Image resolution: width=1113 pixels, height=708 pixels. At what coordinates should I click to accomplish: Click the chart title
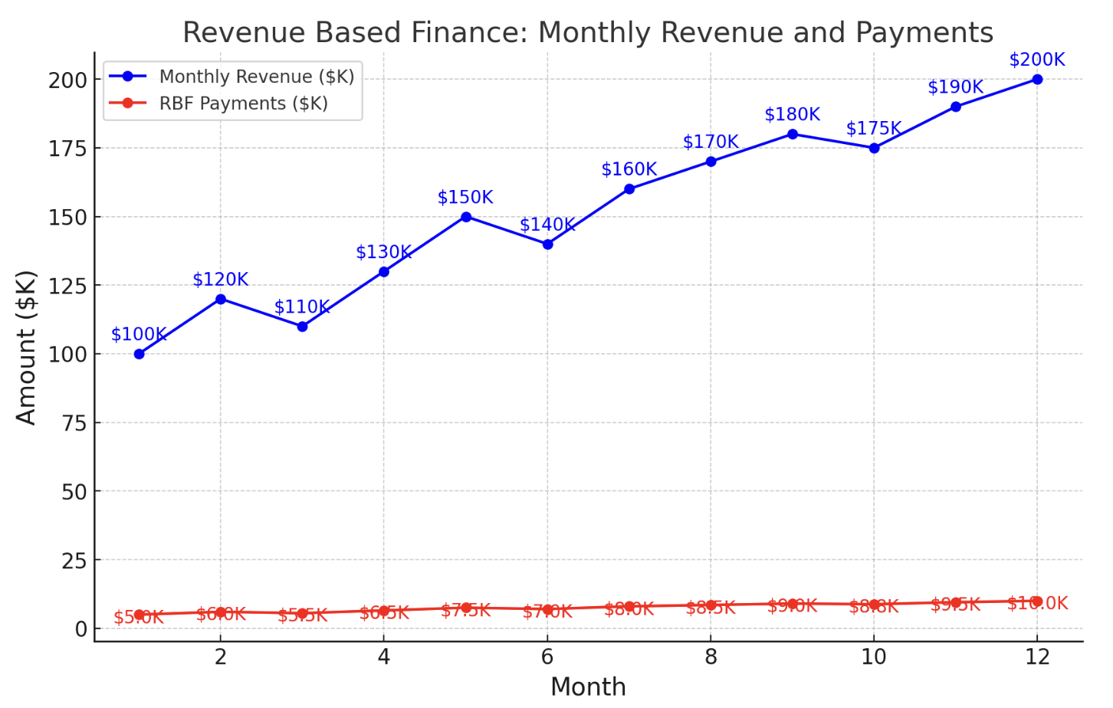[x=587, y=33]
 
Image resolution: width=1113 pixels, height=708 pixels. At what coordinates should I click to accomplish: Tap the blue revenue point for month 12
[x=1036, y=80]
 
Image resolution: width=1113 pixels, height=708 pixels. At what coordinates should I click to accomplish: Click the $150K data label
[x=465, y=197]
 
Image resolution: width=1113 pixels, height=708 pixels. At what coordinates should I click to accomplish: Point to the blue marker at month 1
[x=139, y=354]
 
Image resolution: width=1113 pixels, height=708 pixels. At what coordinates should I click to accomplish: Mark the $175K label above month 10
[x=873, y=128]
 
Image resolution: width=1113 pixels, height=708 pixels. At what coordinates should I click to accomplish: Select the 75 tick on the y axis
[x=74, y=423]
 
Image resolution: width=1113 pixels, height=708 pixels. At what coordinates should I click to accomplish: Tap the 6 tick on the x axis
[x=547, y=657]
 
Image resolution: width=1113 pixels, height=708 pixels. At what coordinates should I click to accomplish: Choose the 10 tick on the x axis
[x=873, y=657]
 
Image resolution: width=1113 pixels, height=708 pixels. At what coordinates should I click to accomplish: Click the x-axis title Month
[x=588, y=687]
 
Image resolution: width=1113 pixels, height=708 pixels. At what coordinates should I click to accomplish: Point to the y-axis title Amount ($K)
[x=27, y=347]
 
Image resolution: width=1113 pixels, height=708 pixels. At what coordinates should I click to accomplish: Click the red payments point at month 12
[x=1036, y=601]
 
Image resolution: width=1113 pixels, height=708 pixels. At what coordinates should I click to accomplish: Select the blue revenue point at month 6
[x=547, y=244]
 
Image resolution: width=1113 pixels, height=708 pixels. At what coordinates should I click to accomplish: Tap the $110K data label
[x=301, y=307]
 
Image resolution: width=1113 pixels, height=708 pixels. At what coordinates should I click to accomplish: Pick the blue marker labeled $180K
[x=792, y=134]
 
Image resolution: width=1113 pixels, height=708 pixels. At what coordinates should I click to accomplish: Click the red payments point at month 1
[x=139, y=615]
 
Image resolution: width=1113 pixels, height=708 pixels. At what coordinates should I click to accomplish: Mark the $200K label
[x=1036, y=60]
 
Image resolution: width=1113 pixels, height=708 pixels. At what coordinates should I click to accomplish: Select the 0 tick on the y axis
[x=81, y=629]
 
